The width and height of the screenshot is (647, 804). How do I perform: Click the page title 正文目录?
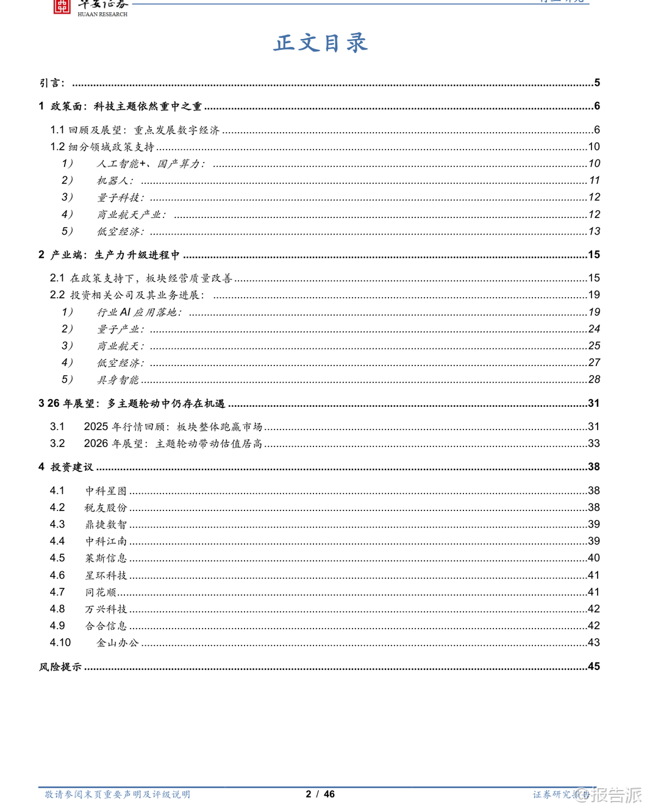tap(321, 43)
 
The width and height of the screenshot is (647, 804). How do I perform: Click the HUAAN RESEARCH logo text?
tap(102, 14)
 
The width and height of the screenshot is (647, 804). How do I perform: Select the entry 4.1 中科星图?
tap(106, 490)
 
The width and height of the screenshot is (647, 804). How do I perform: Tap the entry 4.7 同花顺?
tap(101, 592)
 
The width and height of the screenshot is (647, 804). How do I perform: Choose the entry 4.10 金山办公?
tap(118, 643)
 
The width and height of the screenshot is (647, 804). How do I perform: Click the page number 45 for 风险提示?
tap(593, 666)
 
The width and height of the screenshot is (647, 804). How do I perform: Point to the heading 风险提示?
tap(60, 667)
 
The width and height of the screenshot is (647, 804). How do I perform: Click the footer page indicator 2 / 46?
tap(320, 794)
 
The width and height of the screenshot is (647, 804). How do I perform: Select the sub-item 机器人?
tap(115, 180)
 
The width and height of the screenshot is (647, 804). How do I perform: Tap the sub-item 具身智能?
tap(118, 379)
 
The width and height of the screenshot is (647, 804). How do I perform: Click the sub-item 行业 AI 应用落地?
tap(138, 312)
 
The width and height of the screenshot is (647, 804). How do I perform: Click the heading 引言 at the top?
tap(52, 83)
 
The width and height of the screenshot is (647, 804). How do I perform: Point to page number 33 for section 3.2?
tap(593, 443)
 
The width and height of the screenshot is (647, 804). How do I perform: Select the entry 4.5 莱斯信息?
tap(106, 558)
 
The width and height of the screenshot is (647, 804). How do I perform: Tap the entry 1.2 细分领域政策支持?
tap(102, 147)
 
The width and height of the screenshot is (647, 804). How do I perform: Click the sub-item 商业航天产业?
tap(131, 214)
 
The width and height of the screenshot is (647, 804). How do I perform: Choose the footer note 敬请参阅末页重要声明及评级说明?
tap(117, 794)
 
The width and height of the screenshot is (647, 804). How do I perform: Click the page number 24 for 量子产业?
tap(594, 329)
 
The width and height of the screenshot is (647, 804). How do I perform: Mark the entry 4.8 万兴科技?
tap(106, 609)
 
